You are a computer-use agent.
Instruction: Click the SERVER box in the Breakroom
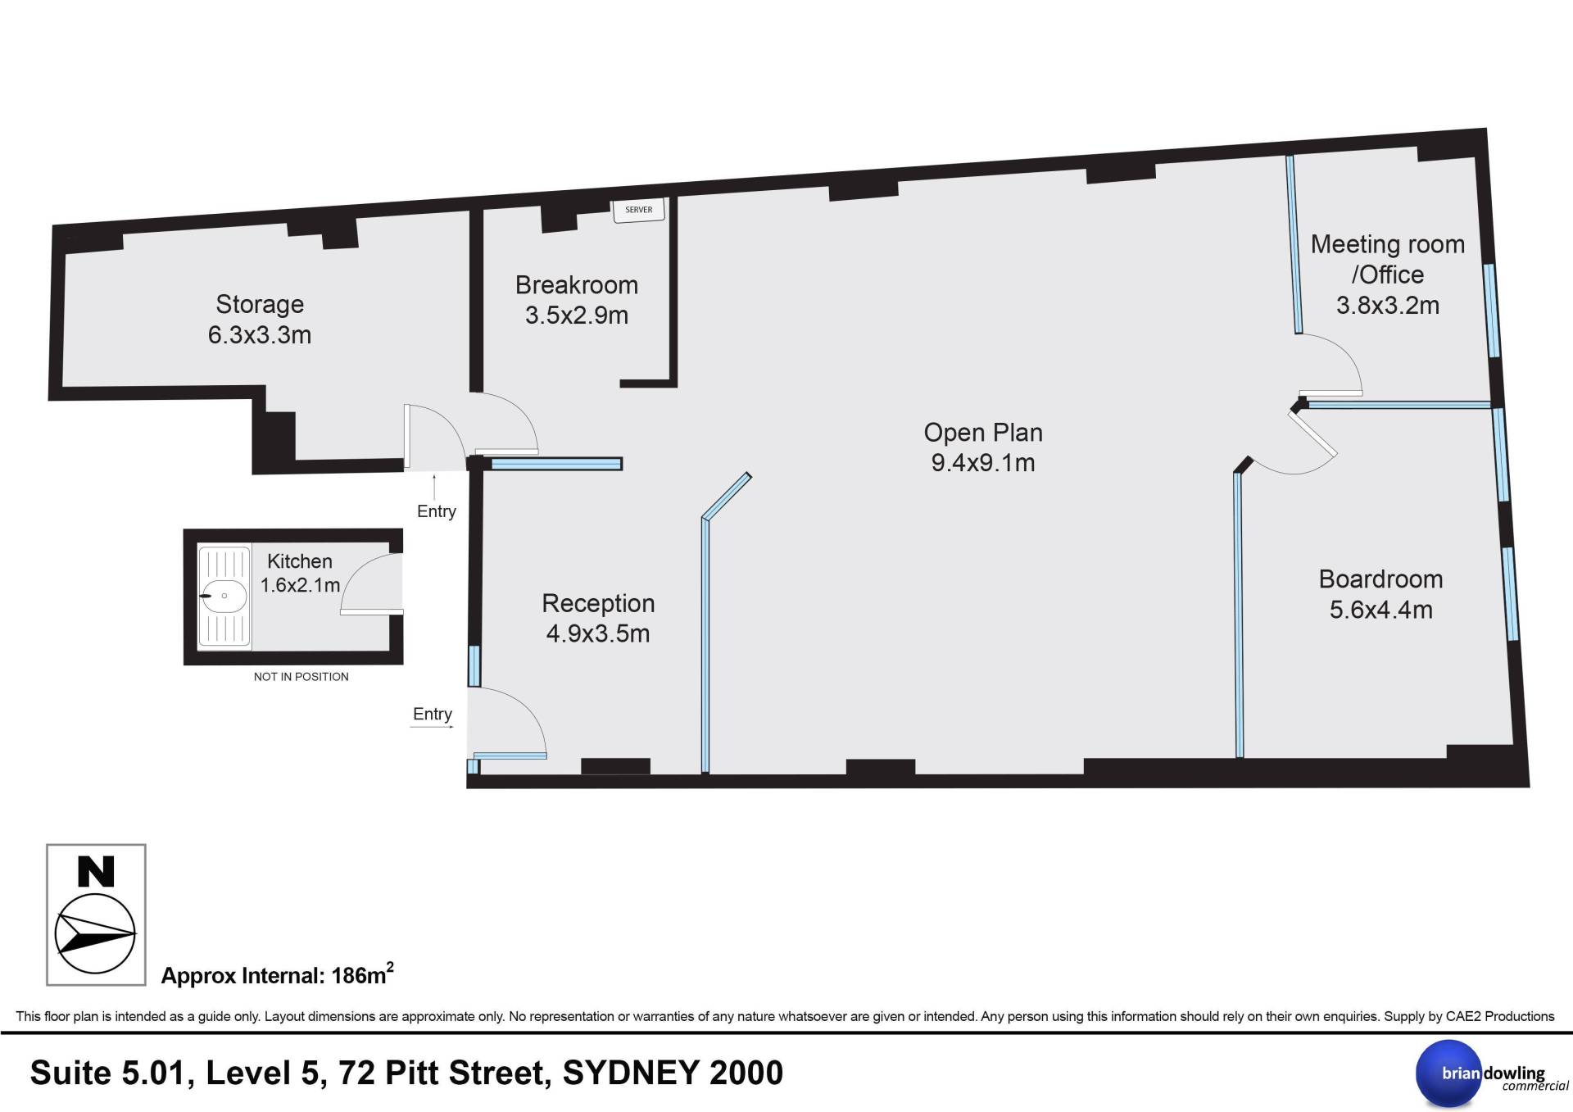tap(639, 210)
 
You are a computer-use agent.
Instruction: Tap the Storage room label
tap(260, 304)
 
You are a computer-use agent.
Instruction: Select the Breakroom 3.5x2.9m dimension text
tap(577, 315)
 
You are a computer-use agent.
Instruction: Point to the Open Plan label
tap(983, 433)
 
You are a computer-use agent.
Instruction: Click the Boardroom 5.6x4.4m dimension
tap(1381, 610)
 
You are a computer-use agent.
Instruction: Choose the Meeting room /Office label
tap(1388, 259)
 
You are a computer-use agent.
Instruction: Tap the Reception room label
tap(598, 604)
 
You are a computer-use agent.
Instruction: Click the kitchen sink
tap(224, 597)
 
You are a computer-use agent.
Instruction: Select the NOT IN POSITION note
tap(301, 677)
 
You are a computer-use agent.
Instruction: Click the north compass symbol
tap(95, 935)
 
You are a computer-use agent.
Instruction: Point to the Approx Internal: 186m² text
tap(277, 974)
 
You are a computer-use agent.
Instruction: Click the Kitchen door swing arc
tap(360, 574)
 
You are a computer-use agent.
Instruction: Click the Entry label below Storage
tap(436, 511)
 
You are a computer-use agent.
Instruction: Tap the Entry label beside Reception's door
tap(432, 714)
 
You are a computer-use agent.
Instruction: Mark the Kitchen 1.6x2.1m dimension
tap(300, 585)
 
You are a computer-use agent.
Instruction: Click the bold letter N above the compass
tap(95, 872)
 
